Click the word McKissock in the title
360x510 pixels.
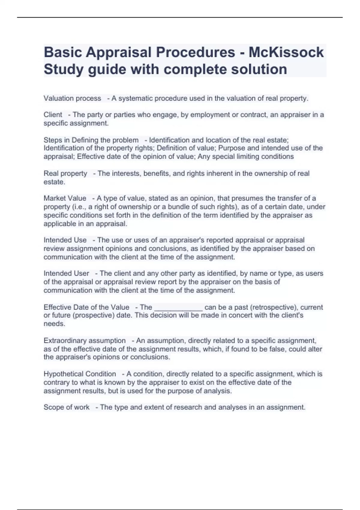(286, 52)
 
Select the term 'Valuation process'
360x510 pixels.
(72, 98)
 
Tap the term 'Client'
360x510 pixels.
(53, 115)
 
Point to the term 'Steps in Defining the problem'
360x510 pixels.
(91, 140)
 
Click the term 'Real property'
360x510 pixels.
(65, 173)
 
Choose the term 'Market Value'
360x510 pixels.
(65, 198)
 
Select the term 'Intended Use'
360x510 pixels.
(65, 240)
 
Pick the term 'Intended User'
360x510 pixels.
(66, 273)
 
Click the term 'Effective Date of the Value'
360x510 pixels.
(86, 307)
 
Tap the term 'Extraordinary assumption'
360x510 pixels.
(85, 340)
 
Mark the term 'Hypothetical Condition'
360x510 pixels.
(80, 374)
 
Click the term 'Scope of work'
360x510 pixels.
(66, 407)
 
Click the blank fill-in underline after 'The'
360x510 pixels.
(178, 308)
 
